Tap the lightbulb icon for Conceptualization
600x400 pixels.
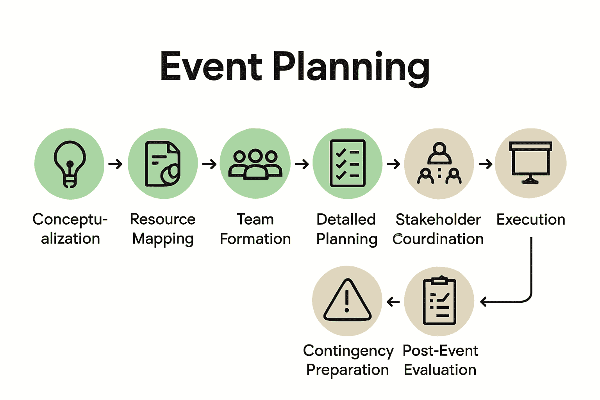tap(70, 164)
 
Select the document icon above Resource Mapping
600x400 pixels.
tap(162, 164)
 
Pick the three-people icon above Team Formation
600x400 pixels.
tap(255, 164)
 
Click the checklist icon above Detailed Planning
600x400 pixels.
tap(348, 163)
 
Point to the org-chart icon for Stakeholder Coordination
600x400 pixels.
tap(439, 163)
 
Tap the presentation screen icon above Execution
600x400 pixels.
tap(530, 162)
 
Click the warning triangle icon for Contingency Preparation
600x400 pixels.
tap(347, 300)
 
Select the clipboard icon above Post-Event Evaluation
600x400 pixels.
tap(439, 301)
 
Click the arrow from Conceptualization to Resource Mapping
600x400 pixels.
tap(116, 164)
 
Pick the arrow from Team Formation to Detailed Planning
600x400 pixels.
tap(302, 164)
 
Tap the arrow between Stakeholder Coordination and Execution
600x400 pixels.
tap(486, 164)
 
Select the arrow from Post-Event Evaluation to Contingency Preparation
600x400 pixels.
tap(393, 302)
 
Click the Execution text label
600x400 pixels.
tap(531, 220)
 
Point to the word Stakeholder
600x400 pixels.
tap(438, 220)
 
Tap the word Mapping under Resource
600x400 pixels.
tap(163, 239)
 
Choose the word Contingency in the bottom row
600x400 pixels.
tap(348, 351)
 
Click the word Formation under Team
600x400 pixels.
tap(255, 239)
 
